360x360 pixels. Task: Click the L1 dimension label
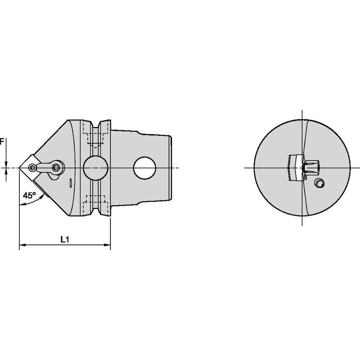click(x=65, y=240)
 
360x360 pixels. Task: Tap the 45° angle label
click(x=29, y=195)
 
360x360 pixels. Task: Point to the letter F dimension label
click(x=2, y=142)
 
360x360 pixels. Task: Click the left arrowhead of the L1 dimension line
click(x=22, y=245)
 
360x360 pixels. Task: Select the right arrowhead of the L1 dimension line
click(x=107, y=245)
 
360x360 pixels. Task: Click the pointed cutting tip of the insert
click(x=19, y=168)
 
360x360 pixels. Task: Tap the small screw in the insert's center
click(x=32, y=168)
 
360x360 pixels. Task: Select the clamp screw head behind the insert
click(x=56, y=168)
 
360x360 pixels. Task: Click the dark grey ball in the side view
click(x=96, y=168)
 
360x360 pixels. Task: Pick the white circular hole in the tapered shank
click(x=145, y=168)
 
